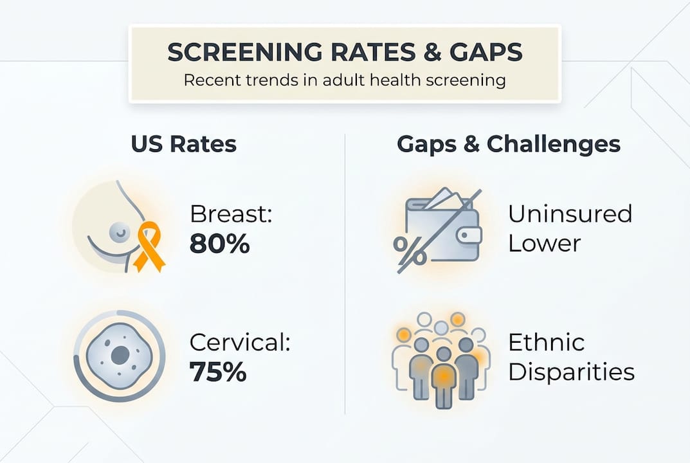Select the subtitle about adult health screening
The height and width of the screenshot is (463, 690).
345,82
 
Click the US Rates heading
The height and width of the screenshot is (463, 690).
183,144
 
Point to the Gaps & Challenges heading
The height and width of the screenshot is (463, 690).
508,144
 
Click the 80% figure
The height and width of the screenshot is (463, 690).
219,244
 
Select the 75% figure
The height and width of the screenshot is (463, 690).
219,372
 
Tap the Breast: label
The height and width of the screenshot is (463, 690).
232,215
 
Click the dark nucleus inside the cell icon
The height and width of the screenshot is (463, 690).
119,354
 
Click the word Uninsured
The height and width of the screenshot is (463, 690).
570,214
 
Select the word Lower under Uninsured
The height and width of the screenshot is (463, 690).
544,244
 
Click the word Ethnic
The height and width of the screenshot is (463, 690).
547,343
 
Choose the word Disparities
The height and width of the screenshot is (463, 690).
571,372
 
